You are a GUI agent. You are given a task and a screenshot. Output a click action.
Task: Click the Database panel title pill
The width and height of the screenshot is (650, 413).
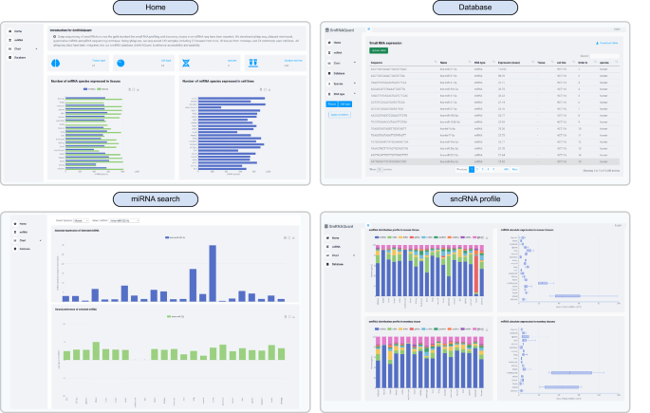pos(487,8)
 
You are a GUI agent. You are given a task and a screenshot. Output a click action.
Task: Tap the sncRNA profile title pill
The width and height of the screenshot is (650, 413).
pos(487,197)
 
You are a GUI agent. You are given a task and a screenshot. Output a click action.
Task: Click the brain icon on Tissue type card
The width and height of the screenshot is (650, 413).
pos(55,63)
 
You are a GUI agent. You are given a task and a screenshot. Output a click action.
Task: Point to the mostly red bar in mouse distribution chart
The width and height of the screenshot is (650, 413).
pos(474,273)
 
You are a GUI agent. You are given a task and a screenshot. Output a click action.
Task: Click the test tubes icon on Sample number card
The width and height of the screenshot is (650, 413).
pos(252,63)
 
